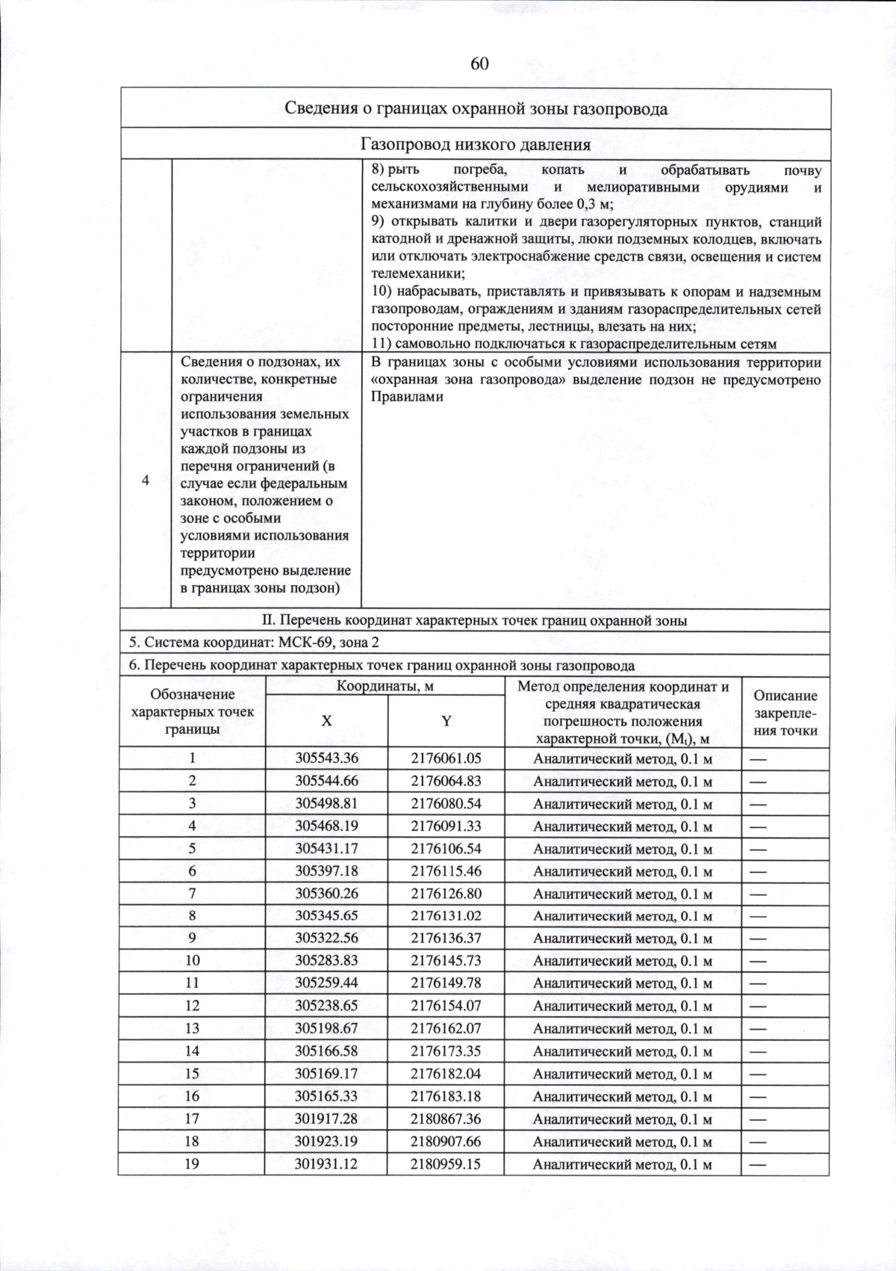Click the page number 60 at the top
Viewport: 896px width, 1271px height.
[479, 64]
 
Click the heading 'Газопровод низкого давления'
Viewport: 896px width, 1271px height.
[476, 144]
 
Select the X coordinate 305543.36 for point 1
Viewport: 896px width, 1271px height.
[326, 758]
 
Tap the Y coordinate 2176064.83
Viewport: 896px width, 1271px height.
[446, 781]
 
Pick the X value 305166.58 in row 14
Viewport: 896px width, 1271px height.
[326, 1051]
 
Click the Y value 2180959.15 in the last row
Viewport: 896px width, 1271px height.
[446, 1163]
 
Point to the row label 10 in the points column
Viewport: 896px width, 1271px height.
[192, 960]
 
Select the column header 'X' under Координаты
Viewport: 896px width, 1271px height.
[326, 721]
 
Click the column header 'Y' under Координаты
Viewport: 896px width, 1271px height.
[446, 721]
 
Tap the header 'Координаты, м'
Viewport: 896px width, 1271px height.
[385, 686]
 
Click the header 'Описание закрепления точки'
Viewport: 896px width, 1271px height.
[785, 714]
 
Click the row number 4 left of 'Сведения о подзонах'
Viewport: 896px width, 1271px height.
[146, 480]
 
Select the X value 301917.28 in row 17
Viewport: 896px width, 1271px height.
[326, 1119]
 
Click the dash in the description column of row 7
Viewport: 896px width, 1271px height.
[759, 894]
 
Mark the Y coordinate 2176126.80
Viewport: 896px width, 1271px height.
[446, 894]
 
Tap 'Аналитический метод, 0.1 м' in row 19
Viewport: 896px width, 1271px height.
[622, 1164]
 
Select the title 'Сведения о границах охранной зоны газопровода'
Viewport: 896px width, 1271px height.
[476, 109]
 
